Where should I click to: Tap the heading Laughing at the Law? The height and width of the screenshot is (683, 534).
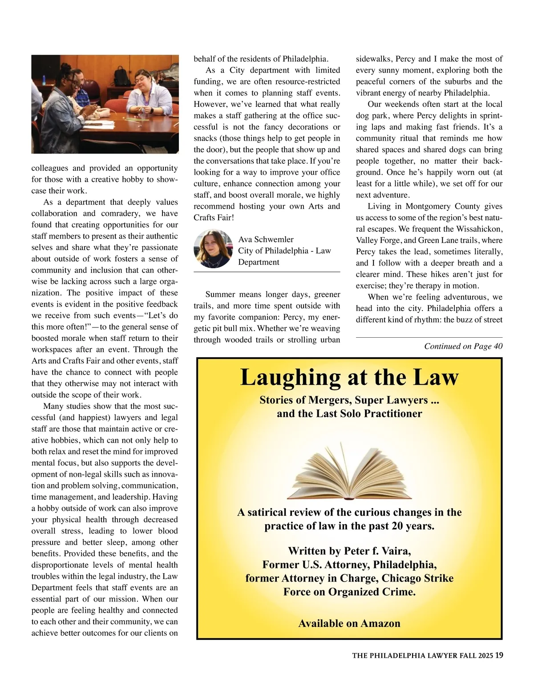[x=349, y=377]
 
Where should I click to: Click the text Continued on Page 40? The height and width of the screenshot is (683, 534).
[x=463, y=346]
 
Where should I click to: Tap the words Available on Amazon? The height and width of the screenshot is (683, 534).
[x=349, y=623]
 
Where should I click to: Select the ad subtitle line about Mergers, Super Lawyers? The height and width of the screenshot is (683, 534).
[x=349, y=400]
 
